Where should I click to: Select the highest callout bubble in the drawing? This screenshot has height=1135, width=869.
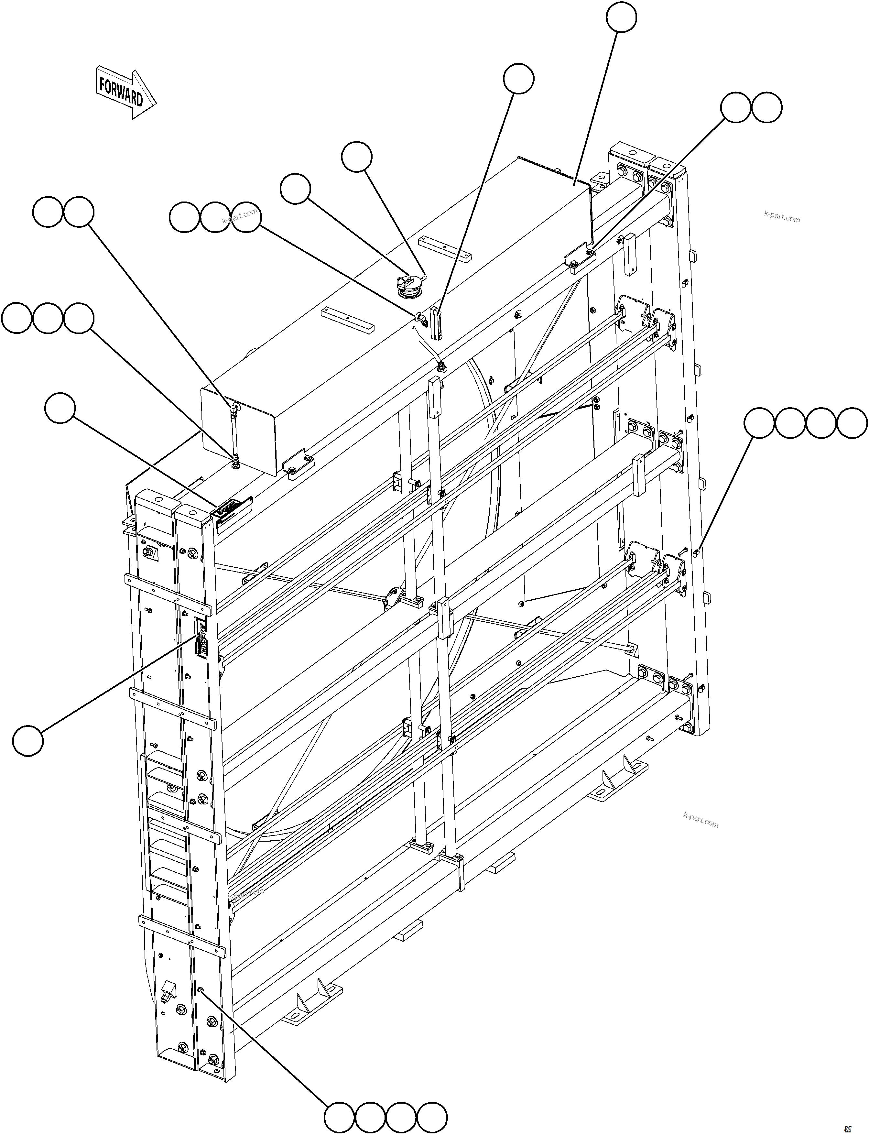[x=621, y=17]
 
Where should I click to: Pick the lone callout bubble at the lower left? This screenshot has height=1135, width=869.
[x=28, y=740]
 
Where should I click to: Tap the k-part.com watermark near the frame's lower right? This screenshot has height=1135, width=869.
[x=701, y=820]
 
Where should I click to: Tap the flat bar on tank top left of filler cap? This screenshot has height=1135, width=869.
[x=347, y=319]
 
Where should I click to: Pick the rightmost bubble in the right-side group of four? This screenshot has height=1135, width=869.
[x=852, y=423]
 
